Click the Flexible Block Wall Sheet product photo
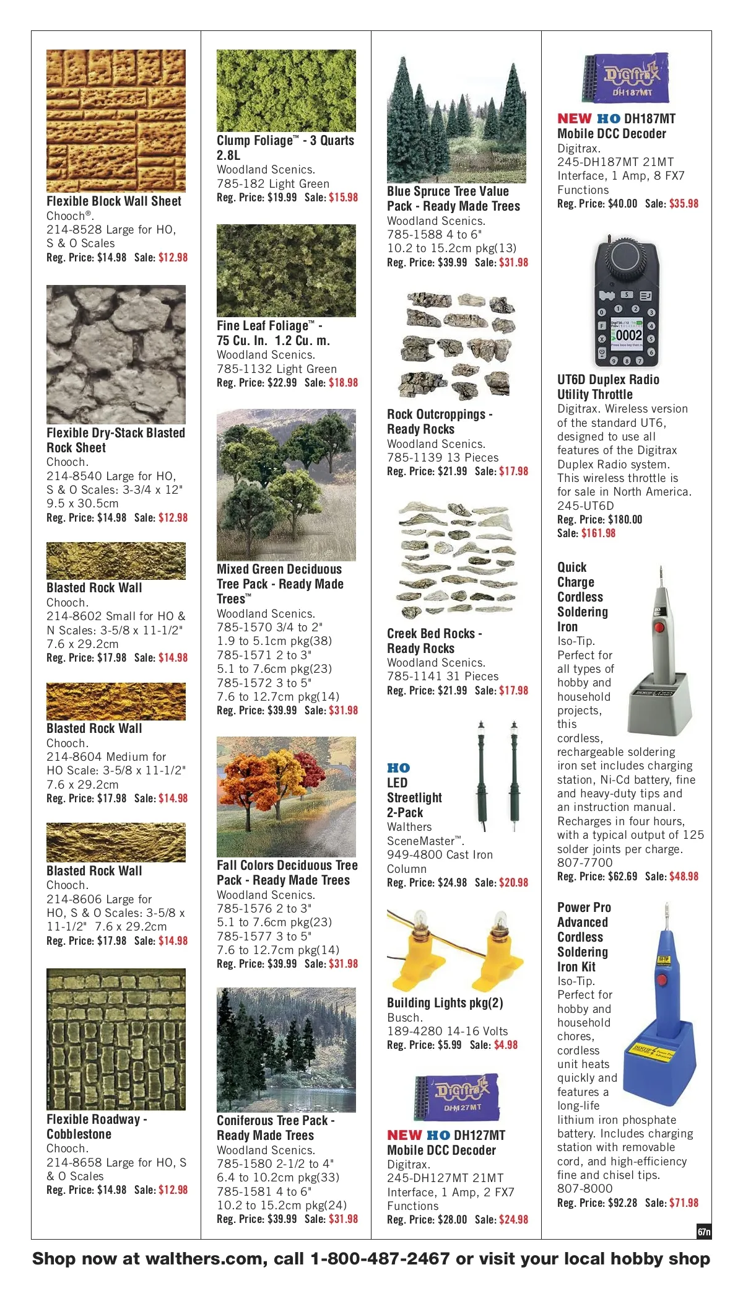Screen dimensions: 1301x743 tap(116, 121)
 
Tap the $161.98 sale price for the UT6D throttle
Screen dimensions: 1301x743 tap(598, 533)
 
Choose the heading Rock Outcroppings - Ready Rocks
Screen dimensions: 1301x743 tap(439, 422)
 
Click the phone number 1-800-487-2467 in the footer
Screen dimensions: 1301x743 tap(380, 1259)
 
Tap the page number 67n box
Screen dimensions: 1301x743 tap(703, 1232)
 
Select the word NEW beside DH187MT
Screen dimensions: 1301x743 tap(574, 118)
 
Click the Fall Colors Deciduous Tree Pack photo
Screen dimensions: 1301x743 tap(286, 797)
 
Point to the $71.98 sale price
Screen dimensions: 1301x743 tap(684, 1203)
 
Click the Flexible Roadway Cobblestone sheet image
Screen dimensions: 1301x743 tap(116, 1040)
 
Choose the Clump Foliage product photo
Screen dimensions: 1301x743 tap(286, 90)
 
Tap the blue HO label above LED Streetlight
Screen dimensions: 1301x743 tap(399, 768)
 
